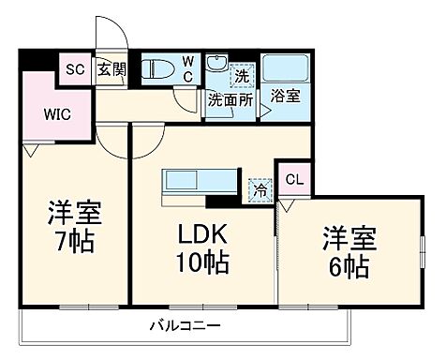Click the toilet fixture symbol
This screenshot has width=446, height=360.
(158, 68)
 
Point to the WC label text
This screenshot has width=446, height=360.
(187, 67)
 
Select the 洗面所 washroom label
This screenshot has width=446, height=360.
(230, 97)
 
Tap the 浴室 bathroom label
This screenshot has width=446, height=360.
(284, 96)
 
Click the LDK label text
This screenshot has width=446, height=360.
(201, 233)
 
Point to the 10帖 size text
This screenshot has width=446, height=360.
(201, 264)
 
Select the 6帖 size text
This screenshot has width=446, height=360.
(349, 265)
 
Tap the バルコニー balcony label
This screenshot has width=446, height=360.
(185, 327)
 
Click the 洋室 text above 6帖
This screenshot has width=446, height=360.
(349, 234)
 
